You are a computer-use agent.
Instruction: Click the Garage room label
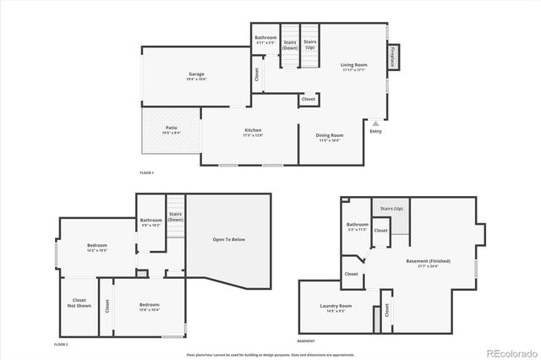point(196,76)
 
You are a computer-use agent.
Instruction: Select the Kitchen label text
point(253,132)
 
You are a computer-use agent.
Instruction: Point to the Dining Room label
point(329,137)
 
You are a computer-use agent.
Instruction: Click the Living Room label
point(353,67)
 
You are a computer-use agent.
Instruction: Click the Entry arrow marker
point(375,124)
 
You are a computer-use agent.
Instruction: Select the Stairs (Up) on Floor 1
point(310,44)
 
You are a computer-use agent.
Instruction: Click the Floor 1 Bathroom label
point(265,40)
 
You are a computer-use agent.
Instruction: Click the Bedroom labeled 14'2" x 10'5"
point(96,248)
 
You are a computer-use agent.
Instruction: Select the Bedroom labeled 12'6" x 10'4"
point(149,307)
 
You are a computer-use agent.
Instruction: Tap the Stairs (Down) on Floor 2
point(176,217)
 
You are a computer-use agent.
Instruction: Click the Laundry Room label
point(336,308)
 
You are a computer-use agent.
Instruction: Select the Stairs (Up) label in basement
point(391,208)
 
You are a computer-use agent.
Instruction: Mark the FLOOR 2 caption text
point(61,345)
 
